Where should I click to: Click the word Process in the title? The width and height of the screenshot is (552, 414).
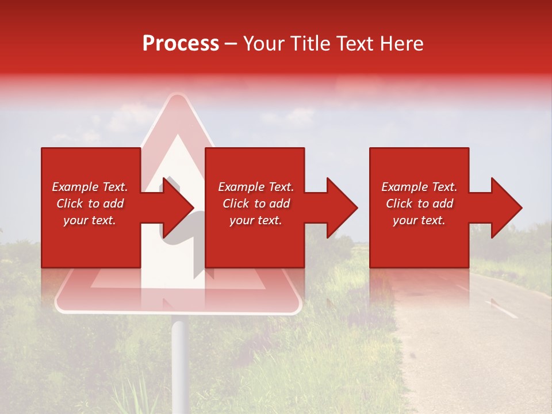[x=181, y=44]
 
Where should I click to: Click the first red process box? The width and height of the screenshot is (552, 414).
[x=91, y=241]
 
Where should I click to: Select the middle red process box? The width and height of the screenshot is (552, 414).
[x=255, y=241]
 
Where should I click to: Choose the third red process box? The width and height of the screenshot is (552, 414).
[x=419, y=241]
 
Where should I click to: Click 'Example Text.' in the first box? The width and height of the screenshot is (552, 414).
[x=90, y=187]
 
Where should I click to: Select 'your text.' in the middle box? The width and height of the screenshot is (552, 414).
[x=255, y=220]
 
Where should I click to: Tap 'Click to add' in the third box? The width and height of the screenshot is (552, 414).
[x=419, y=204]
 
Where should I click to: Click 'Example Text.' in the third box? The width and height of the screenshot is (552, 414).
[x=419, y=187]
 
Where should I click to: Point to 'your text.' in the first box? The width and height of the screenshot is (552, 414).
[x=90, y=220]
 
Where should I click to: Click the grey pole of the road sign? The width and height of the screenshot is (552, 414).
[x=179, y=362]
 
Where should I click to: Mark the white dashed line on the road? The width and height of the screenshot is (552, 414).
[x=501, y=309]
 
